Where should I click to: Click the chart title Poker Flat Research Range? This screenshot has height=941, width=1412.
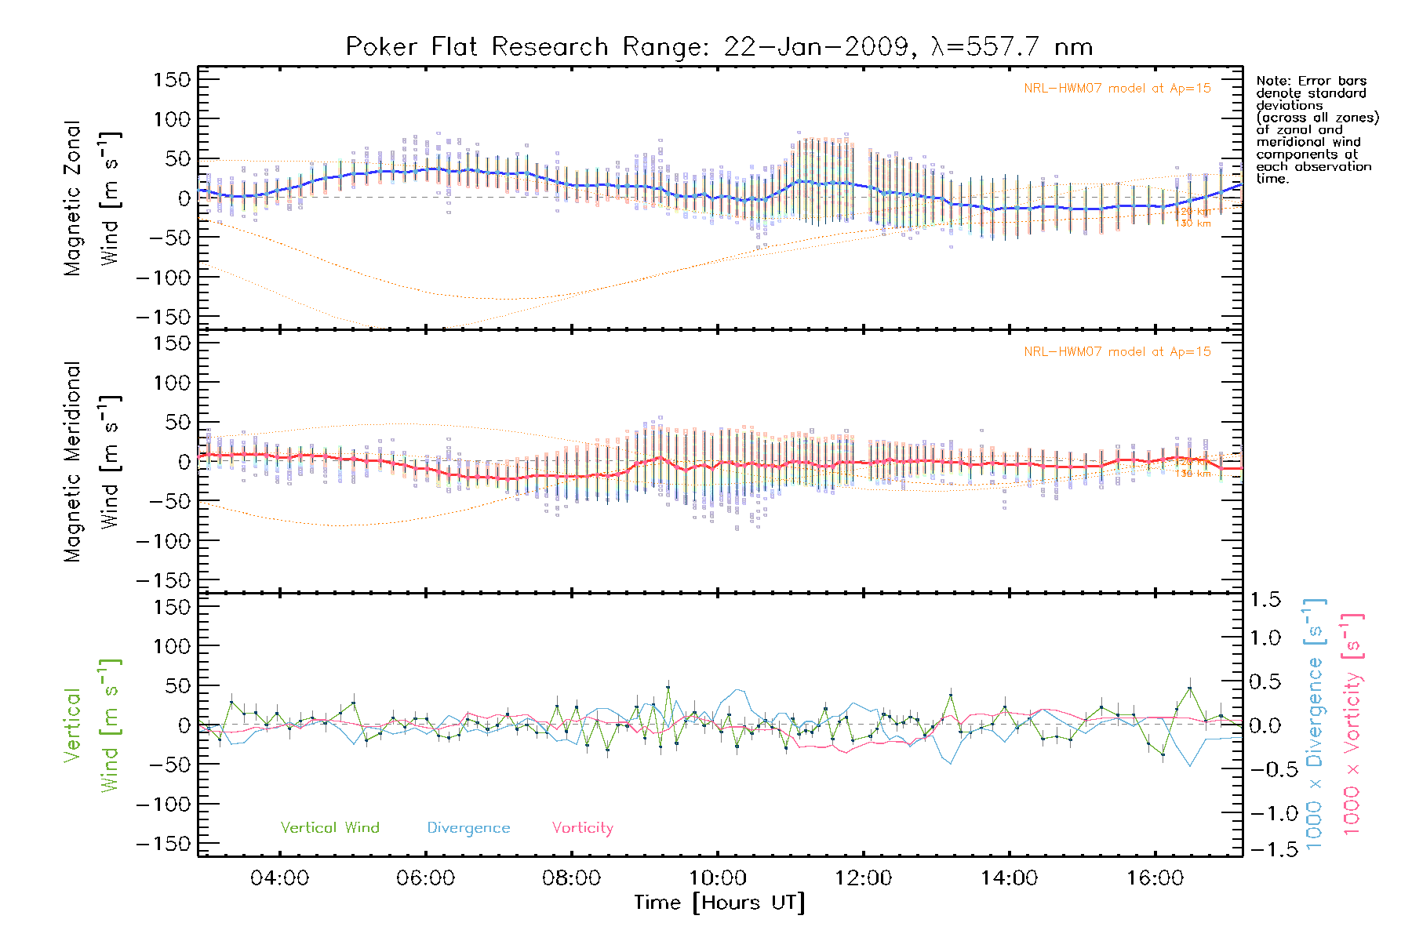point(719,47)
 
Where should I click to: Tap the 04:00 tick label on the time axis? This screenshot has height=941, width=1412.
point(279,878)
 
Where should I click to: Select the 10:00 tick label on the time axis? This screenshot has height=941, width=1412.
point(717,878)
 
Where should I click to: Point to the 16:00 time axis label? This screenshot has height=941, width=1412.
point(1155,878)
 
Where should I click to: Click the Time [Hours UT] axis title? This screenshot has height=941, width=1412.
point(719,903)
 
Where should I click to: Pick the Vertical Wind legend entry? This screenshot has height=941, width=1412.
point(329,828)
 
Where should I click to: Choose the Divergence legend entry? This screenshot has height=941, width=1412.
point(468,828)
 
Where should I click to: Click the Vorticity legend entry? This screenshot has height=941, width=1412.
point(582,828)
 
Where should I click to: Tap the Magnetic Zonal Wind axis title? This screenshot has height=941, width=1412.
point(93,198)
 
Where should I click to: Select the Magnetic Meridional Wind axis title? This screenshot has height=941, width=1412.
point(93,462)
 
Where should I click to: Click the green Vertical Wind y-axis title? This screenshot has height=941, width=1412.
point(93,725)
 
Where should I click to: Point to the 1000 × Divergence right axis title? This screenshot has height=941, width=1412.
point(1315,725)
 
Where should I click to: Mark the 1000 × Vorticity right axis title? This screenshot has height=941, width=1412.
point(1352,725)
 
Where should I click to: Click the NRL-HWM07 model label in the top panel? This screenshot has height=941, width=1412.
point(1117,89)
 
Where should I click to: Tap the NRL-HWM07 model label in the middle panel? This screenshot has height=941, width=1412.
point(1117,352)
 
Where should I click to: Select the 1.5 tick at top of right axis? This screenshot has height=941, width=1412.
point(1265,600)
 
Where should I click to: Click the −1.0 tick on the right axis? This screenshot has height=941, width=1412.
point(1265,813)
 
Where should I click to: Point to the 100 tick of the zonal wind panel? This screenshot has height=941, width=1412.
point(173,119)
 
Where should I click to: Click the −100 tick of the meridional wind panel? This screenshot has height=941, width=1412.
point(163,541)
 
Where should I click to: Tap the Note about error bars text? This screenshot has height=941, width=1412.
point(1316,130)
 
